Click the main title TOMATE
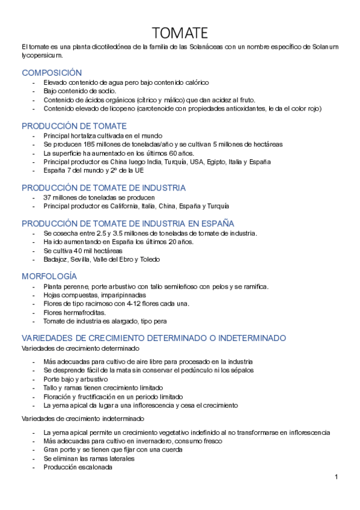(180, 32)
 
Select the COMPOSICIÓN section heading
(52, 73)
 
